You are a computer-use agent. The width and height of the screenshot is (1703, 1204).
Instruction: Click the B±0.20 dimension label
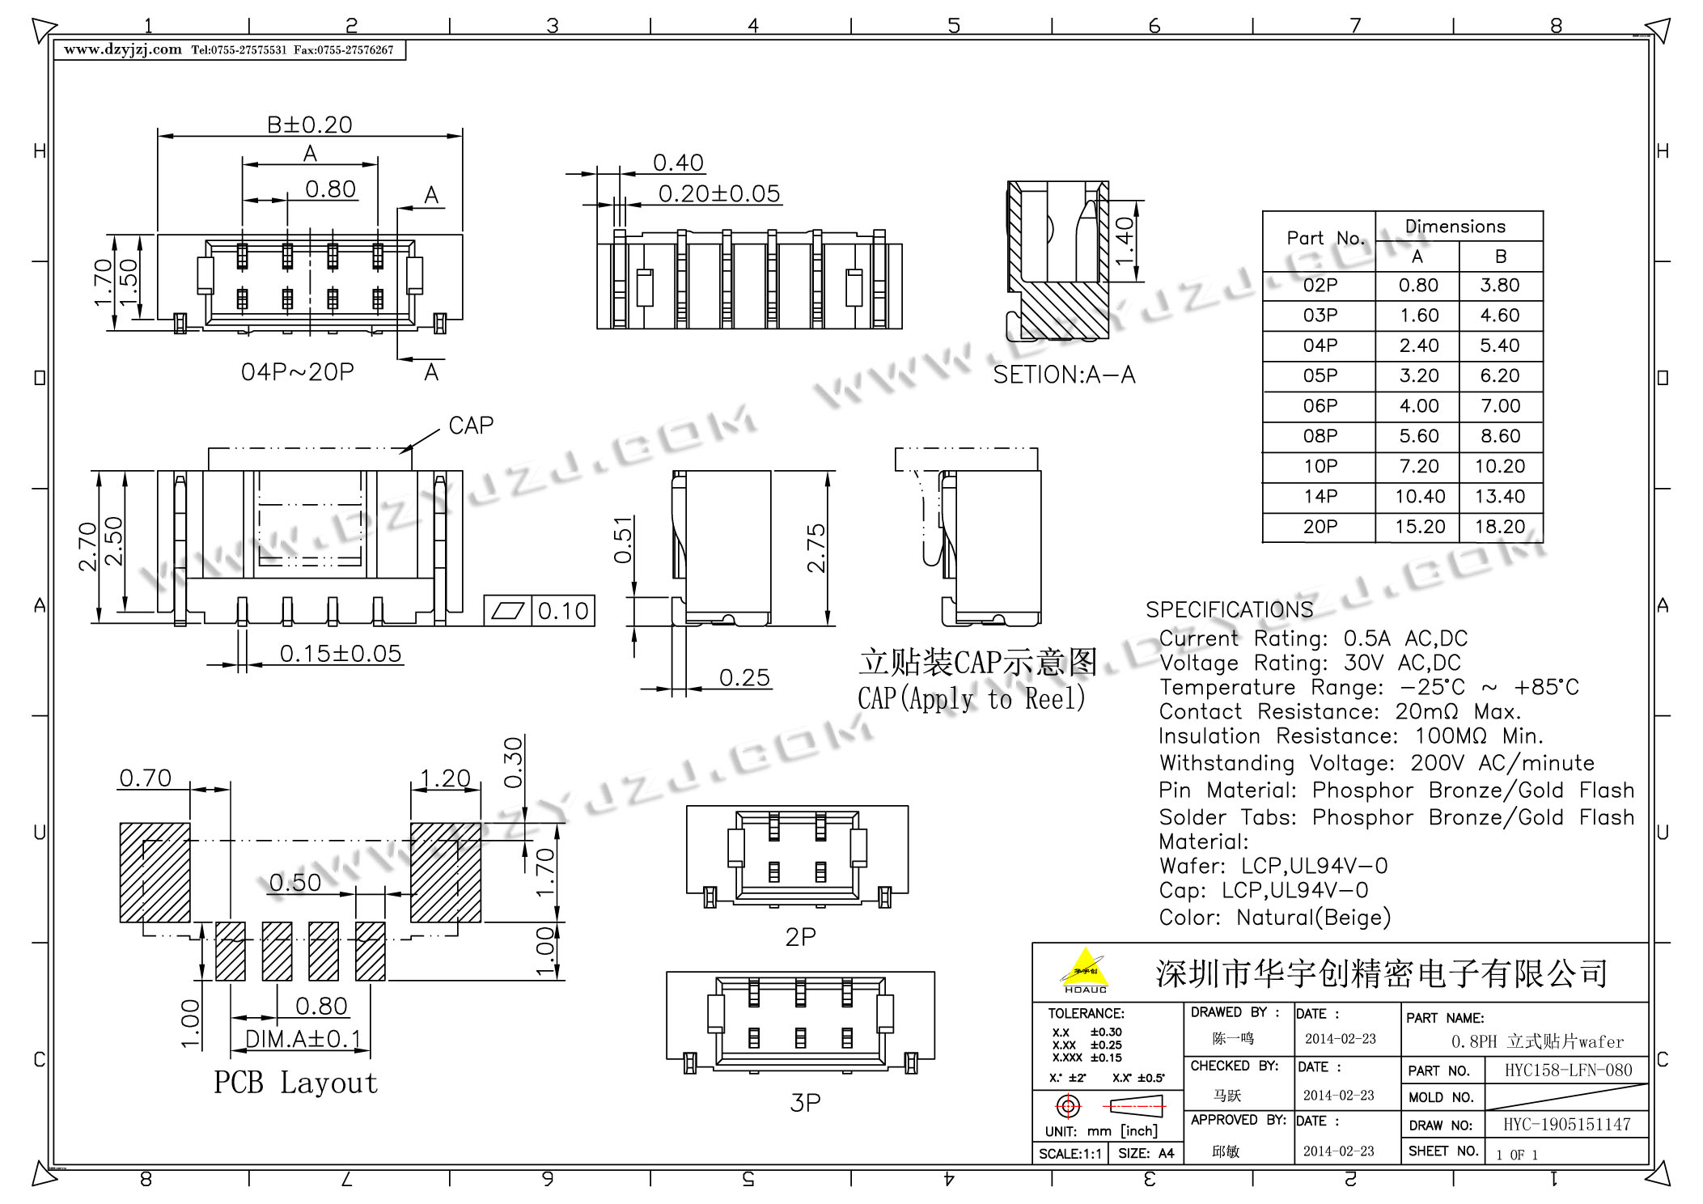point(310,125)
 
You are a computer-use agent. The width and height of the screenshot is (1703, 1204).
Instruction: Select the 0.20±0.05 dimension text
point(719,193)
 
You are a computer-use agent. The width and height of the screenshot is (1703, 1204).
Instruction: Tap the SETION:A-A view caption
point(1064,375)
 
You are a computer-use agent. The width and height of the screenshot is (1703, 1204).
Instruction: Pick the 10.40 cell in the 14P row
point(1420,496)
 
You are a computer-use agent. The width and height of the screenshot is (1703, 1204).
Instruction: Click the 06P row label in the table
point(1320,405)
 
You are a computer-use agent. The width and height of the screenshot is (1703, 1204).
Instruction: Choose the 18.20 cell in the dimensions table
point(1500,527)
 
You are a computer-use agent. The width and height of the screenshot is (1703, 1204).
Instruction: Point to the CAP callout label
point(471,425)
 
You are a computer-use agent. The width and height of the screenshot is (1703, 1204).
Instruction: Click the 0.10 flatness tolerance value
point(563,611)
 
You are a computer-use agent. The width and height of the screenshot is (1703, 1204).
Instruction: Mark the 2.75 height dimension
point(816,549)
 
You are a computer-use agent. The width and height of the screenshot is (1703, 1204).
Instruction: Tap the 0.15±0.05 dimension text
point(341,653)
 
